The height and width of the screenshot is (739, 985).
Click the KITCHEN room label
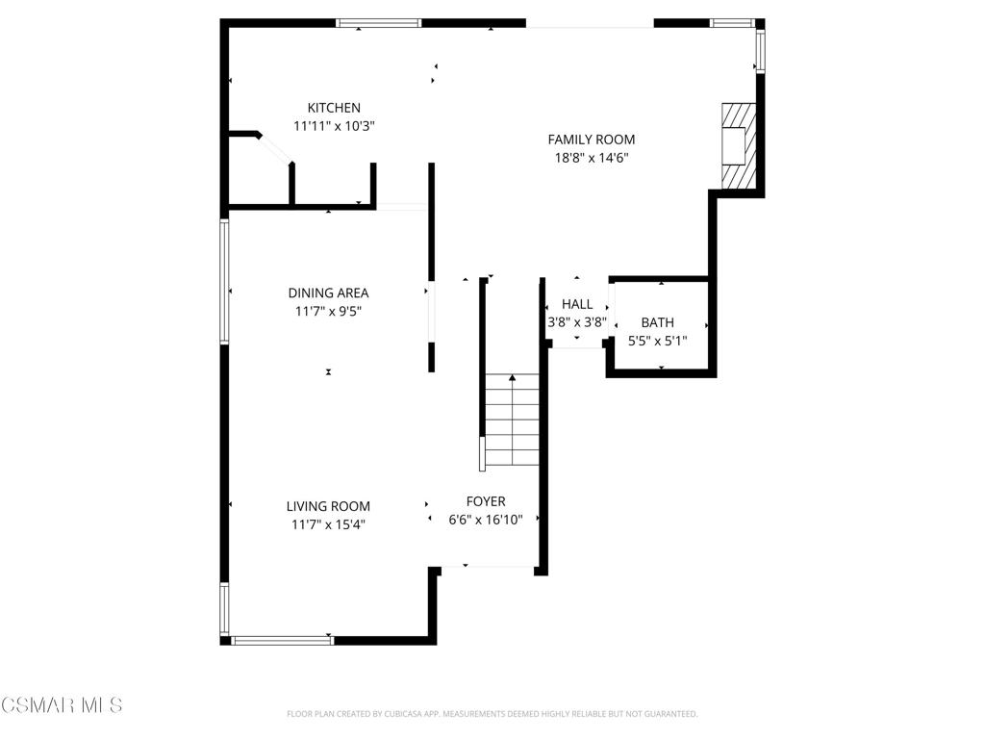click(x=334, y=108)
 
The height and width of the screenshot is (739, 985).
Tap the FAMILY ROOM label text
click(x=592, y=140)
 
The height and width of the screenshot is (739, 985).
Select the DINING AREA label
click(x=328, y=293)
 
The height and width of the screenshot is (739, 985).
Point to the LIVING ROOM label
click(x=328, y=506)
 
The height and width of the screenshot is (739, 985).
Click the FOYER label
click(x=486, y=501)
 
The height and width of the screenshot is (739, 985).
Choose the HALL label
click(x=577, y=304)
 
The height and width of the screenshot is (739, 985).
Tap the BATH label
click(x=657, y=322)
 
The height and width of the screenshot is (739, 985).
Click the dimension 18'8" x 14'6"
click(x=592, y=158)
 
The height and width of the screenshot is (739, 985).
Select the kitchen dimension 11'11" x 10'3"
click(x=334, y=126)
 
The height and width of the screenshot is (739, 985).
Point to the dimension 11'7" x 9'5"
click(x=328, y=311)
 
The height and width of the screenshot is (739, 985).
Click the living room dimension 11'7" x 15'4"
click(x=328, y=524)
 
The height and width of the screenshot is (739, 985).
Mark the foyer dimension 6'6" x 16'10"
click(x=486, y=520)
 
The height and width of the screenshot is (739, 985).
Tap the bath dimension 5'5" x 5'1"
click(x=657, y=341)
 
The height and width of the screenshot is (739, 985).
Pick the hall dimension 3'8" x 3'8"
click(x=577, y=322)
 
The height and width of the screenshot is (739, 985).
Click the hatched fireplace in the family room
click(x=738, y=146)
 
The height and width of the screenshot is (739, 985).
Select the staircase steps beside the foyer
click(x=512, y=420)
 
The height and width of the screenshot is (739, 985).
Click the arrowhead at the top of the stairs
click(x=513, y=377)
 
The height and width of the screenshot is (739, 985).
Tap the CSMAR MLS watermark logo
click(x=62, y=705)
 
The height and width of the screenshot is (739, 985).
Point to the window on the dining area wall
click(x=223, y=282)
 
